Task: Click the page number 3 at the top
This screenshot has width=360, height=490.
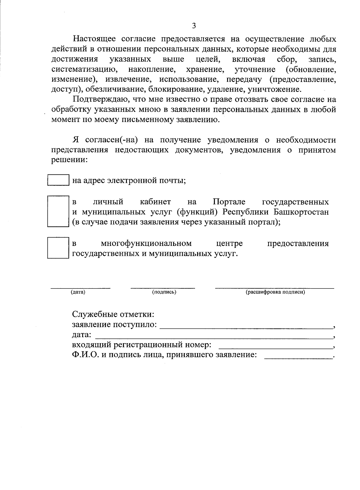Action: (194, 26)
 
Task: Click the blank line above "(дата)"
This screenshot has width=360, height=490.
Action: (80, 288)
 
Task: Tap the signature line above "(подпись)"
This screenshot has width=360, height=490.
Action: (163, 288)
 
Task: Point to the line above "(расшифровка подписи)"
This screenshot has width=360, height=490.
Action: (274, 288)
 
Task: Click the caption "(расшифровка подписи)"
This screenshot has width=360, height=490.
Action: (275, 292)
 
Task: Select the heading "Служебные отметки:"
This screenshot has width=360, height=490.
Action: (113, 314)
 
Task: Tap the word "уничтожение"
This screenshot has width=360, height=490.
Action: (274, 89)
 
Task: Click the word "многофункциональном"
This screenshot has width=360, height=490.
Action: (146, 243)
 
